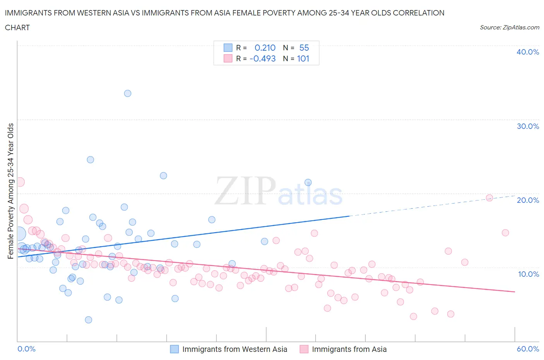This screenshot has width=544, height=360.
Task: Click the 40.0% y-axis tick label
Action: (528, 52)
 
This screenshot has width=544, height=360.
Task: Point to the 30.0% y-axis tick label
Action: (528, 126)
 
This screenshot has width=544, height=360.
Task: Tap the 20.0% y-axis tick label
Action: (528, 200)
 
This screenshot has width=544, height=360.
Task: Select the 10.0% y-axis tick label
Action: (528, 274)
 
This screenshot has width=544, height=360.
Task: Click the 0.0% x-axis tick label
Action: (26, 349)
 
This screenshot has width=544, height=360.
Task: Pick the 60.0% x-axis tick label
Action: (528, 349)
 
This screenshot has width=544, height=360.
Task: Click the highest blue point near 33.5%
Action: (127, 93)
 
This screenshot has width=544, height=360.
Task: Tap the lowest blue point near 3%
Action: (89, 320)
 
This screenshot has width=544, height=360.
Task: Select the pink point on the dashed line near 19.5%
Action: (489, 198)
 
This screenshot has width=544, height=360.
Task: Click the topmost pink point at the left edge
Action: (20, 182)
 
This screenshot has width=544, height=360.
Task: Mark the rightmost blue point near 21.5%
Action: (308, 182)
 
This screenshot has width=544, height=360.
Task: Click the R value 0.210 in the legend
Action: (265, 48)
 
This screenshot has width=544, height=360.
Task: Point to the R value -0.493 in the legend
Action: (263, 58)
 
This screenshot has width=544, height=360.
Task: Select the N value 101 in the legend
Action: (303, 58)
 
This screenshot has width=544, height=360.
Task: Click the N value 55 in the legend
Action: (304, 48)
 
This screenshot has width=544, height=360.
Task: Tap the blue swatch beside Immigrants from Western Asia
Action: (174, 349)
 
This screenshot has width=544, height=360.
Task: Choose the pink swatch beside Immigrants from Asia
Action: (304, 349)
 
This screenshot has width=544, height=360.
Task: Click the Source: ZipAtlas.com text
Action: (509, 27)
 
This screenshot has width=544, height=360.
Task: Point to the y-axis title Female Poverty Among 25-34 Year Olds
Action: (11, 191)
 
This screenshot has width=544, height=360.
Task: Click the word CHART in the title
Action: (17, 27)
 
